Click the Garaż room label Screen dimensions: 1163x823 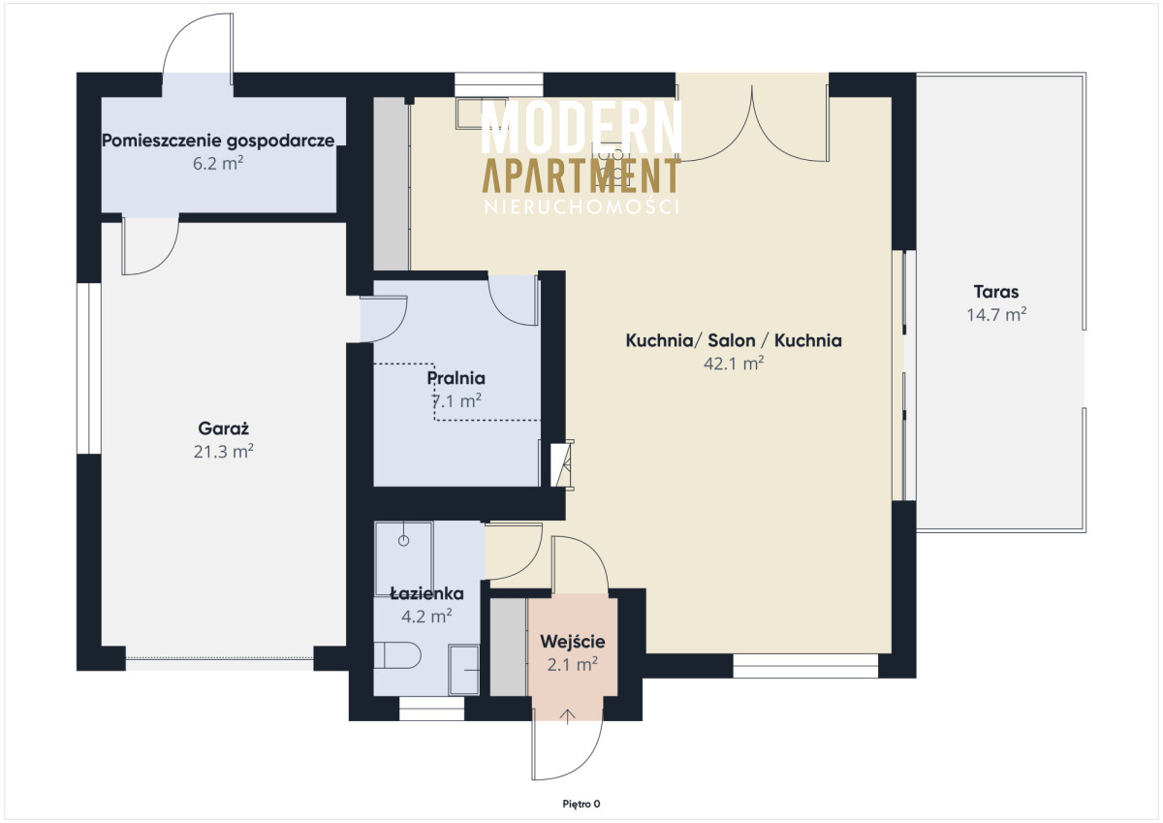[x=224, y=428]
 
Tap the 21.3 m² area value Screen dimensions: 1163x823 [x=224, y=451]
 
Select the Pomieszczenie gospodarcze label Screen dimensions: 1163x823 [x=218, y=141]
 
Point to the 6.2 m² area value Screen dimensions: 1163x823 [x=218, y=163]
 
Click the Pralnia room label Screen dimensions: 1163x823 [x=456, y=378]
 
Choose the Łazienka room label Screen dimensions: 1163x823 [x=426, y=593]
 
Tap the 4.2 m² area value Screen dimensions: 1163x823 [x=426, y=616]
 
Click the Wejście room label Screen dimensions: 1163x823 [x=573, y=642]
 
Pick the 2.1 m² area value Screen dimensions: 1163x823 [x=573, y=664]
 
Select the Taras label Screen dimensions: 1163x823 [x=996, y=292]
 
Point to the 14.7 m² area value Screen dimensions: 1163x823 [x=996, y=315]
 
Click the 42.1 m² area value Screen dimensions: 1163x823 [x=734, y=363]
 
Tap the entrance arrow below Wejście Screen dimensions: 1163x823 [x=568, y=716]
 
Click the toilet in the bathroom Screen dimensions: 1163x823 [x=396, y=655]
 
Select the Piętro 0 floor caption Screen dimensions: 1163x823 [x=581, y=805]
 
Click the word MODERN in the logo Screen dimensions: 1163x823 [x=581, y=127]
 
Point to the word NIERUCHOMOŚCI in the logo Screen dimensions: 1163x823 [x=581, y=206]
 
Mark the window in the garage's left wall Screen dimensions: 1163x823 [x=89, y=368]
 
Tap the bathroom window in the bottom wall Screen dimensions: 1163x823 [x=431, y=709]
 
